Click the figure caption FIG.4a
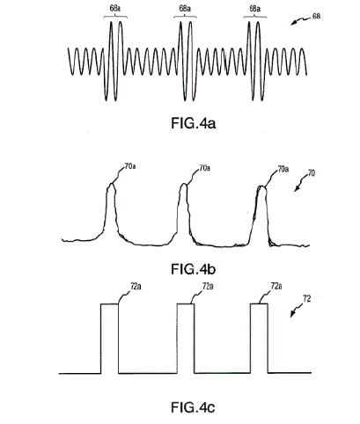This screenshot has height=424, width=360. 194,123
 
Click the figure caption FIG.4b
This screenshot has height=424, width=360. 194,269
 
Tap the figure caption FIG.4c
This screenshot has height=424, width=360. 193,407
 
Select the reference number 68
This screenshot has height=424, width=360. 316,16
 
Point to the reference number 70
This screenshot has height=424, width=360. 312,173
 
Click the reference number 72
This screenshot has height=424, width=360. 307,299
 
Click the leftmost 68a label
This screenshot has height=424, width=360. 115,8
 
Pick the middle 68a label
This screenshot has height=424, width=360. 185,8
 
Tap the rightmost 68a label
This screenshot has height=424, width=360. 255,9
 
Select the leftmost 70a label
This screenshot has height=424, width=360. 130,166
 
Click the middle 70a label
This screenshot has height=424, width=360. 204,168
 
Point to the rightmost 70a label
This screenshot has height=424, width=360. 283,169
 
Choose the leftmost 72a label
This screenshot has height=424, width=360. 136,287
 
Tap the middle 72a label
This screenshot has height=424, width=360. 208,286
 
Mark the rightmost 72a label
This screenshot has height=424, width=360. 276,286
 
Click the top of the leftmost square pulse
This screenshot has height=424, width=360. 110,304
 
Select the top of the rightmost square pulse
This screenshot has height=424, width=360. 259,303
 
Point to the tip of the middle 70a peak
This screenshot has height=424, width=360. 184,184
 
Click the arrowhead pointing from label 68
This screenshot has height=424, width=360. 292,25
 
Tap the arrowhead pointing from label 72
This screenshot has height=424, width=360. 292,316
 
